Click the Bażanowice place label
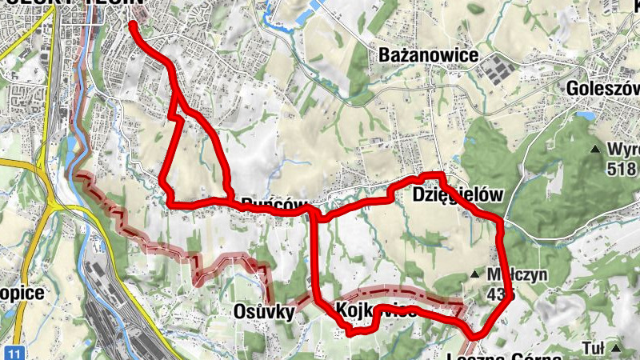pyautogui.click(x=430, y=56)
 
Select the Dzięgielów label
pyautogui.click(x=458, y=195)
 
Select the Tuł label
pyautogui.click(x=593, y=348)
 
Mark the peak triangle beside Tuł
pyautogui.click(x=617, y=349)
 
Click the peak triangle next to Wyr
pyautogui.click(x=595, y=150)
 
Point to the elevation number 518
pyautogui.click(x=621, y=169)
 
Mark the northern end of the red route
pyautogui.click(x=131, y=25)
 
